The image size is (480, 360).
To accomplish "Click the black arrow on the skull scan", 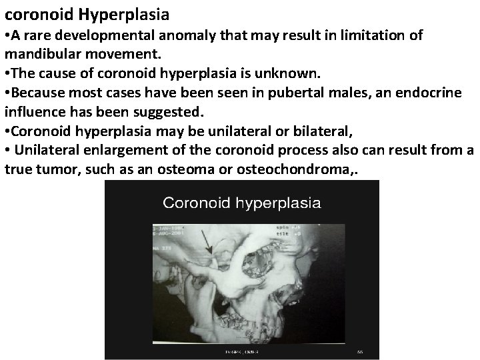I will click(x=207, y=243).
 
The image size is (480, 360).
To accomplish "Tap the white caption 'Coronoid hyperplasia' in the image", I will click(x=242, y=203).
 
